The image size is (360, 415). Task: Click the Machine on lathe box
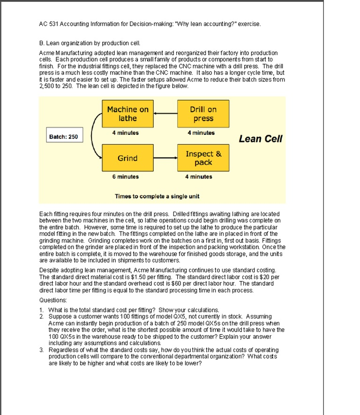pyautogui.click(x=127, y=114)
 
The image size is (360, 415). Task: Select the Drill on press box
pyautogui.click(x=202, y=114)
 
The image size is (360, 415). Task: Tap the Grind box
pyautogui.click(x=127, y=158)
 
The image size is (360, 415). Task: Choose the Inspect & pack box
pyautogui.click(x=203, y=158)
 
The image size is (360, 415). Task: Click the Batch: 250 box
pyautogui.click(x=63, y=136)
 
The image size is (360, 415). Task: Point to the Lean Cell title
pyautogui.click(x=260, y=139)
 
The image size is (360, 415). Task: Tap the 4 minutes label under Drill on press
pyautogui.click(x=201, y=133)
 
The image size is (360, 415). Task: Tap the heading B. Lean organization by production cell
pyautogui.click(x=87, y=43)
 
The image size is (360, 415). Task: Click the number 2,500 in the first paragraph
pyautogui.click(x=47, y=86)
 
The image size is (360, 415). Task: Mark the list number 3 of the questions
pyautogui.click(x=42, y=350)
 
